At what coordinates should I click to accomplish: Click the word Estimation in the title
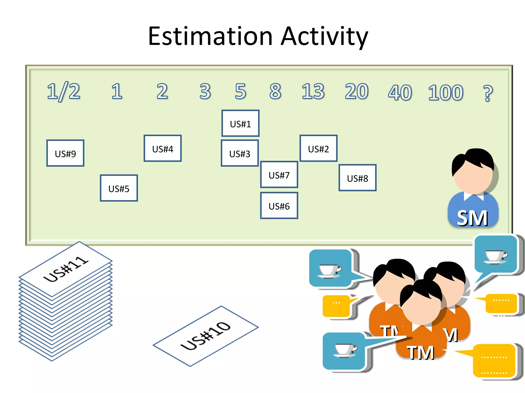coord(210,36)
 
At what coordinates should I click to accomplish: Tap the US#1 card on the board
coord(240,124)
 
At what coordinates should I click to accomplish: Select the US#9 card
coord(65,153)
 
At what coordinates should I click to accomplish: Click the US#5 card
coord(119,188)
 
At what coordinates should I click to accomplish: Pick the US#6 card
coord(279,206)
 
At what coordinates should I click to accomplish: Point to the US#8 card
coord(357,178)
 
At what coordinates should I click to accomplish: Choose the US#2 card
coord(318,148)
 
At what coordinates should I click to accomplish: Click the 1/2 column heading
coord(63,91)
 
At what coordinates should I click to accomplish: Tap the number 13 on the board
coord(313,91)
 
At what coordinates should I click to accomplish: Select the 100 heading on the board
coord(446,92)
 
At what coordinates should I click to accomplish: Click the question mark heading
coord(488,93)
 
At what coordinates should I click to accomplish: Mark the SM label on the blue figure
coord(472,218)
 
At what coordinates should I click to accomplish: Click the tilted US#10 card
coord(206,336)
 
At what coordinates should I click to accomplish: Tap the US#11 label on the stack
coord(66,269)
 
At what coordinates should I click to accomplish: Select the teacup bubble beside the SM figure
coord(496,255)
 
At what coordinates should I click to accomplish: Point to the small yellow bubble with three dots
coord(336,306)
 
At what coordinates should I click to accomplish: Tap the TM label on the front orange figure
coord(421,353)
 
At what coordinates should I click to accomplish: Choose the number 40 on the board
coord(400,92)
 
